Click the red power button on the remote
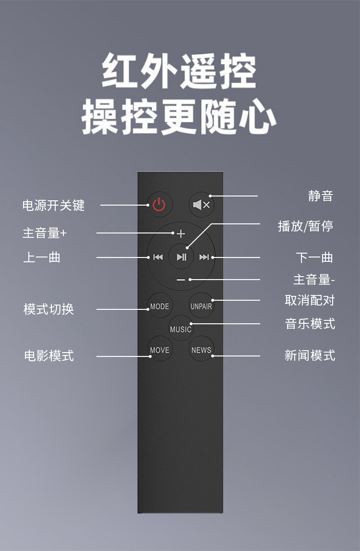159,205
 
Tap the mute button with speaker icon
201,205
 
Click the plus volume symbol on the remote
180,234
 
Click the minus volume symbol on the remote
180,280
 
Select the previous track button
158,257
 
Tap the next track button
204,257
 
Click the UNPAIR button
201,306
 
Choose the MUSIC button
180,329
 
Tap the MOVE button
159,350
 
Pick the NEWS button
201,350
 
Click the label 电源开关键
53,206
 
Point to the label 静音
320,196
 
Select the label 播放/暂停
305,226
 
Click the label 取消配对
310,301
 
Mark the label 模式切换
48,309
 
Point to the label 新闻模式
310,355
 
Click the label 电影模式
49,356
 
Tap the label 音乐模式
310,324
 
